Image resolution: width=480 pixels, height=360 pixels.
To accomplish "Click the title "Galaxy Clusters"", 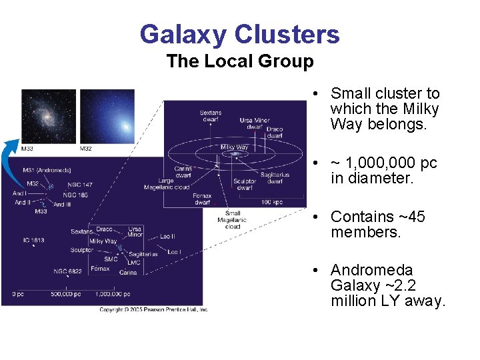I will coord(239,34).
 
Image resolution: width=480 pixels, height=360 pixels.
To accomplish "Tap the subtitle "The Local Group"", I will coord(239,61).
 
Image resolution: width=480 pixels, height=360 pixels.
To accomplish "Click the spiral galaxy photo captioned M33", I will coord(49,116).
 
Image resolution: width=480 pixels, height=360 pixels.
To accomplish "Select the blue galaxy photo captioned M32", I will coord(107,116).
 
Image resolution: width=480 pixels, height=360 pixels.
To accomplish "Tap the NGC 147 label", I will coord(79,184).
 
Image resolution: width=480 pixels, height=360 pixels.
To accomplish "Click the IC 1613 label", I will coord(33,240).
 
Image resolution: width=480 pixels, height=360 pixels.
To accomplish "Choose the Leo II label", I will coord(168,237).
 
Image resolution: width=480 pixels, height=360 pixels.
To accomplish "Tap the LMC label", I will coord(134,263).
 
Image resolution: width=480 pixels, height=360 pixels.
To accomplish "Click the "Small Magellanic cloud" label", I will coord(232,220).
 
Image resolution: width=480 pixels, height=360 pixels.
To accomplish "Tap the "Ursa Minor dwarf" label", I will coord(255,123).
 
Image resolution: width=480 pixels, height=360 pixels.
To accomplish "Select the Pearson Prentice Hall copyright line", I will coord(153,309).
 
